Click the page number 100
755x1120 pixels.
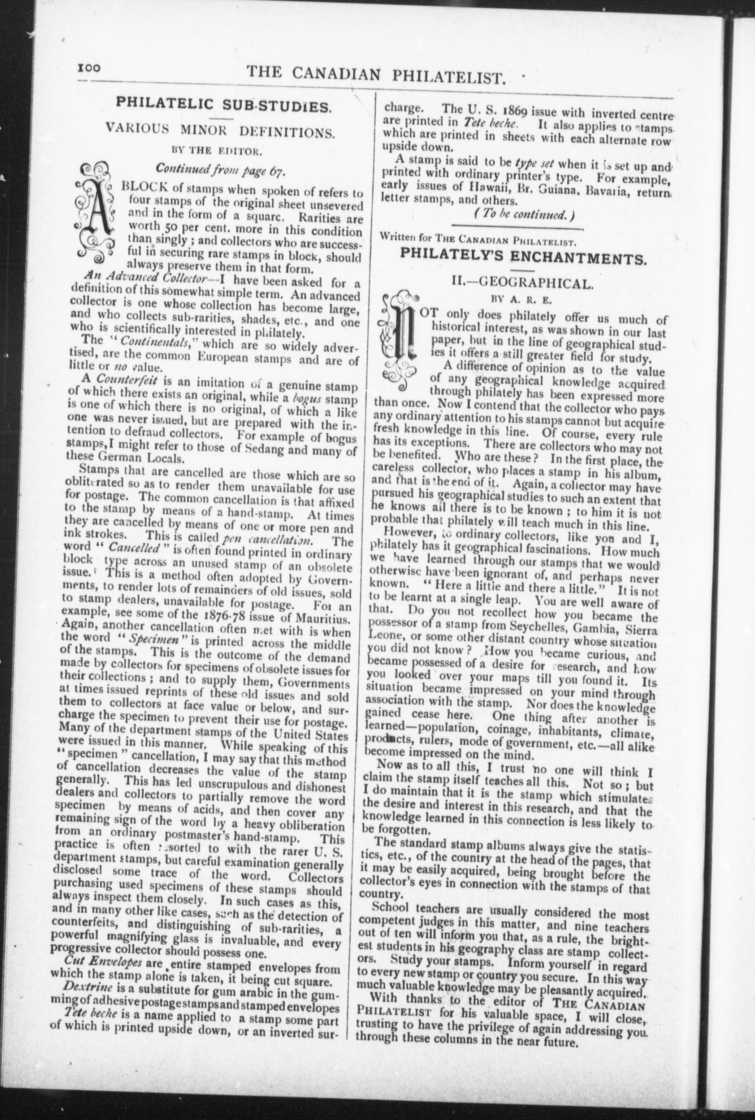[93, 69]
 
